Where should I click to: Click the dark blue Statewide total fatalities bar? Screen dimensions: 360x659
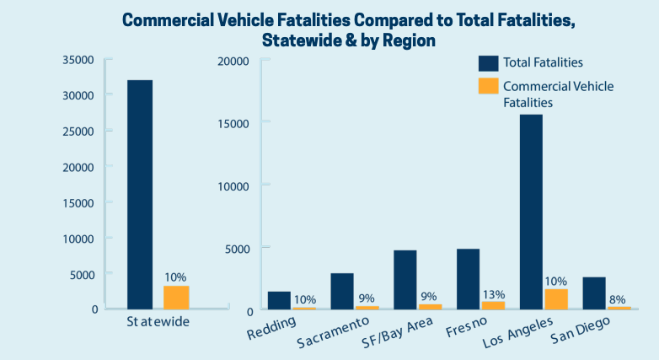pyautogui.click(x=139, y=194)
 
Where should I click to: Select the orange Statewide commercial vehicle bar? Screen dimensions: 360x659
pyautogui.click(x=176, y=298)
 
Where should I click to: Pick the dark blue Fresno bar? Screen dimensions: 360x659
pyautogui.click(x=468, y=279)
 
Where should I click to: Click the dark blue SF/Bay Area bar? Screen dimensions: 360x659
pyautogui.click(x=405, y=280)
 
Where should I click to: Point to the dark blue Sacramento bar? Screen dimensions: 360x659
pyautogui.click(x=341, y=292)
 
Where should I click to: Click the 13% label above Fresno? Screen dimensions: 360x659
pyautogui.click(x=493, y=294)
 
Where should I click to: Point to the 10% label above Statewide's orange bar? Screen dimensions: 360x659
pyautogui.click(x=176, y=277)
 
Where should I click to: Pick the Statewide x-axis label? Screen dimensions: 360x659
pyautogui.click(x=158, y=322)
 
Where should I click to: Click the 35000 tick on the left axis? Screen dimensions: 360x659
pyautogui.click(x=82, y=59)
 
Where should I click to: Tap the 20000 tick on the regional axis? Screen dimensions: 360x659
pyautogui.click(x=232, y=61)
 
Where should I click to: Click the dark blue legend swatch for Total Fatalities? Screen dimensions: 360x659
pyautogui.click(x=488, y=62)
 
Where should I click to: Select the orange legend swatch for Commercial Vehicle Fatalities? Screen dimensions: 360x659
pyautogui.click(x=488, y=86)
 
